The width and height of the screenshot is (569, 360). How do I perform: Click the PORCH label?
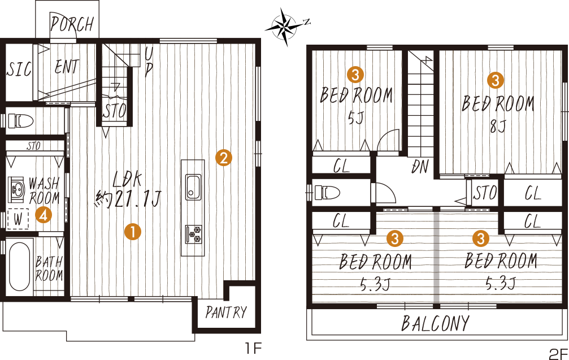pyautogui.click(x=72, y=24)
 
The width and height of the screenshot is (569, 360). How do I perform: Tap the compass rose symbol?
pyautogui.click(x=285, y=27)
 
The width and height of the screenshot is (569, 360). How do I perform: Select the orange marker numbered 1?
pyautogui.click(x=132, y=232)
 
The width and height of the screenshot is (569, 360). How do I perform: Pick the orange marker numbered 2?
pyautogui.click(x=223, y=158)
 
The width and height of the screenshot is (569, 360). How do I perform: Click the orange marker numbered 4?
pyautogui.click(x=44, y=215)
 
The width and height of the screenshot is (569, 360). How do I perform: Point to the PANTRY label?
pyautogui.click(x=226, y=312)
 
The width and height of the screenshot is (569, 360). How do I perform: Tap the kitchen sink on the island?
pyautogui.click(x=193, y=187)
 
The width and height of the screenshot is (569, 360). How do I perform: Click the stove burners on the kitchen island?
pyautogui.click(x=193, y=234)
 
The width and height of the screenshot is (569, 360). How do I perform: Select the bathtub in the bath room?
pyautogui.click(x=19, y=266)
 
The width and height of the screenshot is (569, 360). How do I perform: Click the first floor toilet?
pyautogui.click(x=21, y=120)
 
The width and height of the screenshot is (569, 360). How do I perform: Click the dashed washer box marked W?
pyautogui.click(x=18, y=219)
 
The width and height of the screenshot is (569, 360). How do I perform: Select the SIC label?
pyautogui.click(x=19, y=69)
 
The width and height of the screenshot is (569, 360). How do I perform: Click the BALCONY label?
pyautogui.click(x=435, y=323)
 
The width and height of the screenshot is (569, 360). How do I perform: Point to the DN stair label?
pyautogui.click(x=420, y=167)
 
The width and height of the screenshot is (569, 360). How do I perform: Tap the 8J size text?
pyautogui.click(x=498, y=126)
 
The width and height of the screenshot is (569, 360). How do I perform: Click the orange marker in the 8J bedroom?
pyautogui.click(x=496, y=80)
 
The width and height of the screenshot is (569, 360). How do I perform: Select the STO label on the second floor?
pyautogui.click(x=484, y=193)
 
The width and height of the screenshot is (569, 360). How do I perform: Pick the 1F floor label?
pyautogui.click(x=253, y=349)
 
